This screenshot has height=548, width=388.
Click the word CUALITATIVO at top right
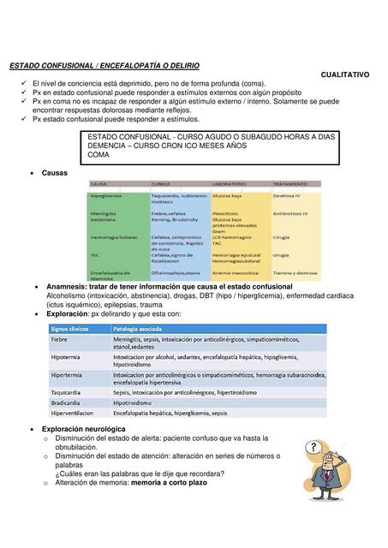345,74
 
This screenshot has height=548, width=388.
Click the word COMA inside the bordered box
98,155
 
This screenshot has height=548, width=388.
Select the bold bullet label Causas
55,173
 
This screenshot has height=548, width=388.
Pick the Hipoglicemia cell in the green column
106,196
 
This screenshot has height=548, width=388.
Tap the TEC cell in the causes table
95,254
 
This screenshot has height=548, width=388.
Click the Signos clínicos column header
72,328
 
